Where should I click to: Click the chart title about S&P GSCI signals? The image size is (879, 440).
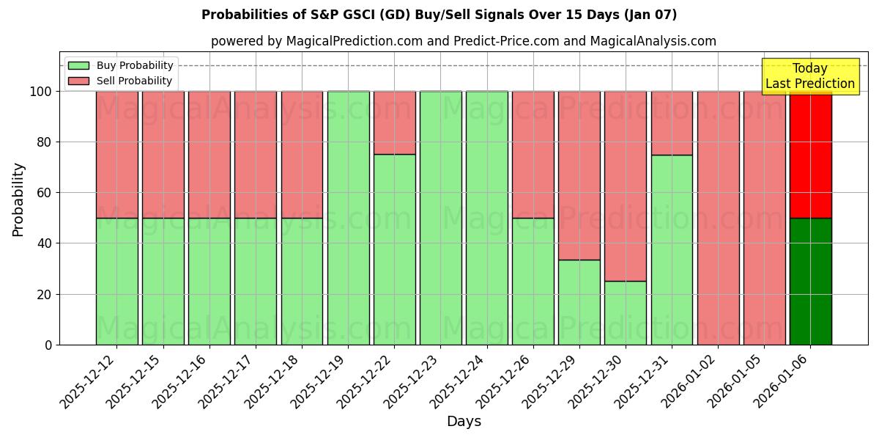click(x=439, y=15)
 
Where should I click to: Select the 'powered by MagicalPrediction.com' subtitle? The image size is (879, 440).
click(x=463, y=41)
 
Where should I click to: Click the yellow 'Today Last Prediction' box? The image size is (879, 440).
click(x=809, y=76)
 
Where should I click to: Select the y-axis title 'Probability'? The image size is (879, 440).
click(x=18, y=199)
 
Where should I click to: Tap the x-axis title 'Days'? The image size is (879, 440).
click(x=464, y=422)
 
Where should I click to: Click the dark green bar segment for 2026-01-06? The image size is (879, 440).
click(x=810, y=281)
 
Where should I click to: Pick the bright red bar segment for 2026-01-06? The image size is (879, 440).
click(x=810, y=155)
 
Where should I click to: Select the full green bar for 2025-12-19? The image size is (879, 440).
click(x=348, y=218)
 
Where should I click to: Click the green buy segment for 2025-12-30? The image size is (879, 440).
click(x=625, y=312)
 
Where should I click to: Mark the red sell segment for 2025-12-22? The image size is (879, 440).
click(x=394, y=122)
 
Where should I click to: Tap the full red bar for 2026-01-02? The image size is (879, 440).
click(x=718, y=218)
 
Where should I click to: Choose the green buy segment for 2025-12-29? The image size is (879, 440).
click(x=579, y=302)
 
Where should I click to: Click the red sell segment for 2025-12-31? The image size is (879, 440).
click(x=672, y=122)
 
